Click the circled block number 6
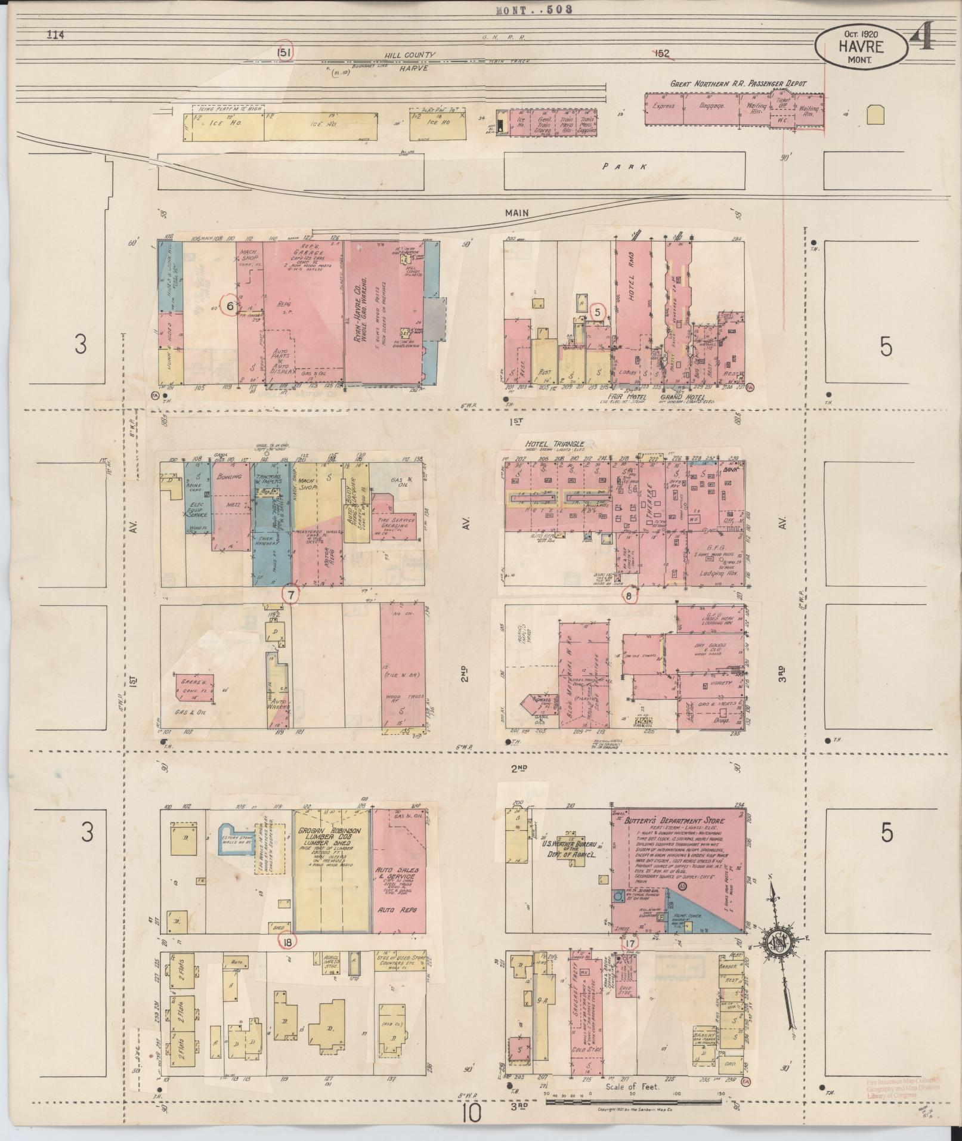pyautogui.click(x=230, y=305)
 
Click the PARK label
pyautogui.click(x=624, y=168)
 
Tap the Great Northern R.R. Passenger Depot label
pyautogui.click(x=737, y=84)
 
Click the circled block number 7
pyautogui.click(x=290, y=595)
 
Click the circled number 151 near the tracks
pyautogui.click(x=284, y=52)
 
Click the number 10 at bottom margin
pyautogui.click(x=471, y=1113)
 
